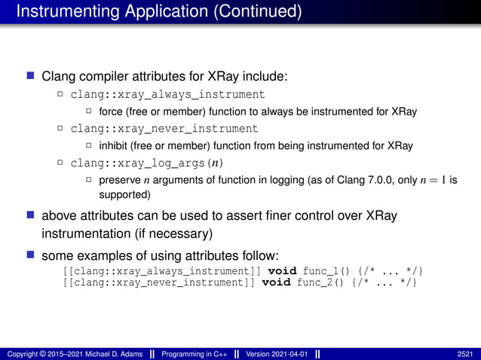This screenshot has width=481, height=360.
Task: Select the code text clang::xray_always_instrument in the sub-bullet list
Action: (167, 95)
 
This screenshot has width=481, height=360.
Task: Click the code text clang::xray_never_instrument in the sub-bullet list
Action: (164, 129)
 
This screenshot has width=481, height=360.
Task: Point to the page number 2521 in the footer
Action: (466, 353)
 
